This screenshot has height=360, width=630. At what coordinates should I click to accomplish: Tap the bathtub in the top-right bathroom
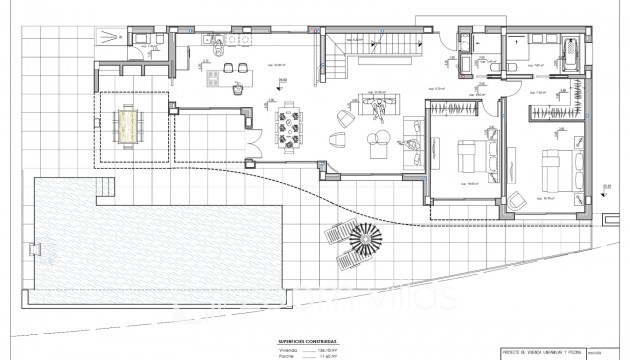[x=572, y=49]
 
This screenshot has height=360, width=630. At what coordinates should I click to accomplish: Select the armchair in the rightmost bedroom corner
[x=516, y=198]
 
